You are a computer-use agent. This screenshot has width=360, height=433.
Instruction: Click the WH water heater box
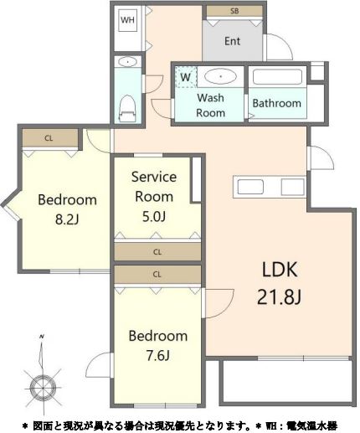pos(127,20)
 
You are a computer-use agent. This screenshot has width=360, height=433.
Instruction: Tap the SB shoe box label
pos(234,11)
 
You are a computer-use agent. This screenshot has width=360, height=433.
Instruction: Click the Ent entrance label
pos(232,41)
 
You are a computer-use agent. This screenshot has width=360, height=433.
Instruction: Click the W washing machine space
pos(186,77)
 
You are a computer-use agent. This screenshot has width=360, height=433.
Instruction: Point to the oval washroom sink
pos(220,76)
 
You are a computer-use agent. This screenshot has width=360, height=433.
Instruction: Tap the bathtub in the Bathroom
pos(277,76)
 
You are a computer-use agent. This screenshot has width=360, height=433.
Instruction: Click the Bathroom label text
pos(277,103)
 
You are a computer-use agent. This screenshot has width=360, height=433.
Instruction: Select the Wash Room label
pos(210,106)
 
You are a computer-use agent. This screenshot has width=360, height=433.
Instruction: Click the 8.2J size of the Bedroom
pos(67,219)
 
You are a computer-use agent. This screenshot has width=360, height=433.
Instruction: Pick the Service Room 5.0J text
pos(154,197)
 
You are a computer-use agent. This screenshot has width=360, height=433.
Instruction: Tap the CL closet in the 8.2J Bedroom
pos(50,138)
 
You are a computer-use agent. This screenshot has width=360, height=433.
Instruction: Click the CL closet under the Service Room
pos(157,252)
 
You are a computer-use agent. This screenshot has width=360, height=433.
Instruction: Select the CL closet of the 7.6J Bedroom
pos(157,275)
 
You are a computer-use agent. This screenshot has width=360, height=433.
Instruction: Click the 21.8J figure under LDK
pos(279,297)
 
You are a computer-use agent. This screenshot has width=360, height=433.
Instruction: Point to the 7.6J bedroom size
pos(158,355)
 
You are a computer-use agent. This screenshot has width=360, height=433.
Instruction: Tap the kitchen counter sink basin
pos(250,187)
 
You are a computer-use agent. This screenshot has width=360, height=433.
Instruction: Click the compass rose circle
pos(43,388)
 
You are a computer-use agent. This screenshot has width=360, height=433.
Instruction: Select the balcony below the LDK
pos(287,380)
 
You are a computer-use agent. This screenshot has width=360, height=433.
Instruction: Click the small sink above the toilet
pos(127,62)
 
